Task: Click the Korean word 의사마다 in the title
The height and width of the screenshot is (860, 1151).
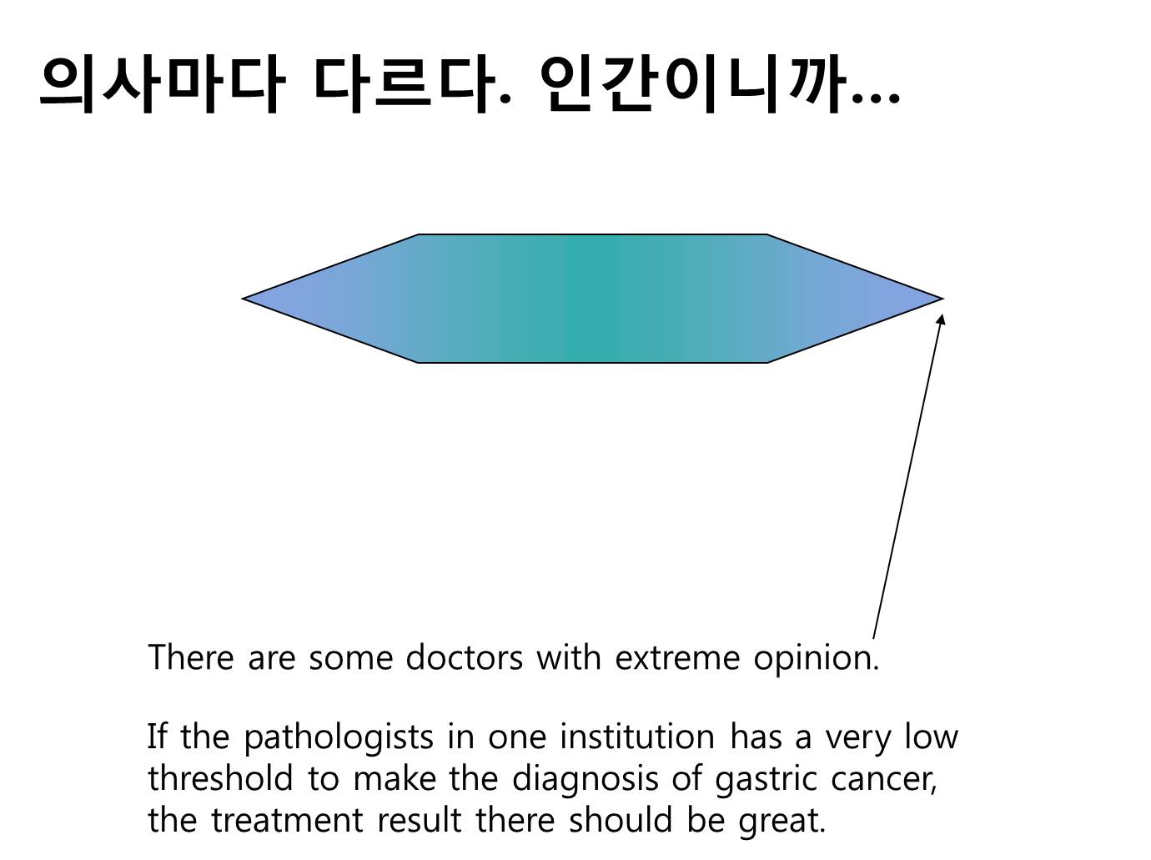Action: click(163, 84)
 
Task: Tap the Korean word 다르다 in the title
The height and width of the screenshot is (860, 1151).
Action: click(405, 84)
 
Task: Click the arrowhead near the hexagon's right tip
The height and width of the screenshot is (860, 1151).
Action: click(941, 319)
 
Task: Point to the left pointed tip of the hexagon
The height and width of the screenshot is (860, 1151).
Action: click(243, 299)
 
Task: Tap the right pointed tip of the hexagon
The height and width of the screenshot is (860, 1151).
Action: click(942, 299)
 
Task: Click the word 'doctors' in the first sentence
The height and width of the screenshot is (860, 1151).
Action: click(464, 657)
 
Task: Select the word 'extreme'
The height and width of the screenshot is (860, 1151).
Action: click(677, 657)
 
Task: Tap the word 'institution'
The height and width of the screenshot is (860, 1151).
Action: click(637, 737)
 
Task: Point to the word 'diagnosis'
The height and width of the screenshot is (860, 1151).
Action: click(585, 780)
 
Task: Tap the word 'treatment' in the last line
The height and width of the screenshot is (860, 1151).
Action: click(287, 820)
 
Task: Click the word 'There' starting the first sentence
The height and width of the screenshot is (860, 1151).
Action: click(191, 657)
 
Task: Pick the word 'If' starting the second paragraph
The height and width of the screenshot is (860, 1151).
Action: click(158, 737)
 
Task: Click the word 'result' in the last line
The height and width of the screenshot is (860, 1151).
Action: click(420, 820)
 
